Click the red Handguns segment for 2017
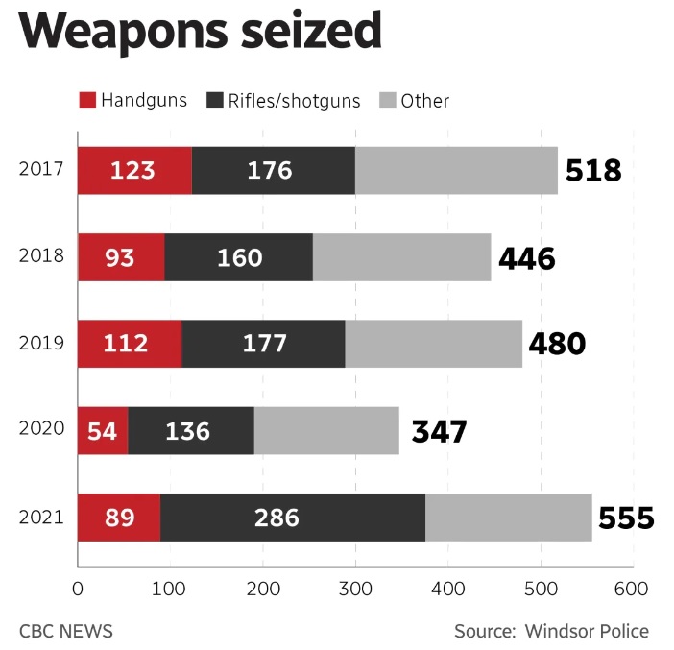click(134, 171)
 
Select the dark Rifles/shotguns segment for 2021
click(293, 518)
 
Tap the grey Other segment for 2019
click(433, 344)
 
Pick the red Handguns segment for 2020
click(103, 431)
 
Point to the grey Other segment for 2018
click(401, 257)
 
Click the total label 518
click(593, 171)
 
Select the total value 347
click(439, 431)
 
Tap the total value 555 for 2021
click(626, 518)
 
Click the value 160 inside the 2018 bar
click(234, 257)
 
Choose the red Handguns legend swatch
click(86, 100)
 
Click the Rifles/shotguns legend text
click(294, 100)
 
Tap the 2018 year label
click(40, 256)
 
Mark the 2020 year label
click(40, 430)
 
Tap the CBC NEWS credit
click(66, 631)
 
